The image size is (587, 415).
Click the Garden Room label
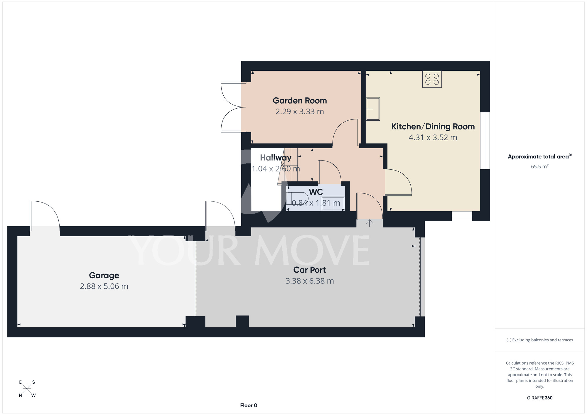tap(300, 101)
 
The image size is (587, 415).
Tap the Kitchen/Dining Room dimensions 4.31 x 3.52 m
tap(433, 137)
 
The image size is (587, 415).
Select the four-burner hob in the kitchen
tap(432, 79)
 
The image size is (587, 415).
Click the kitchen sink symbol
tap(373, 109)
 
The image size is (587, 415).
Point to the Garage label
tap(104, 275)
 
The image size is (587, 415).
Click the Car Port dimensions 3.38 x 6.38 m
tap(310, 281)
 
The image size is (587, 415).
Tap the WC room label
tap(316, 192)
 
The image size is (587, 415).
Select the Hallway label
tap(276, 158)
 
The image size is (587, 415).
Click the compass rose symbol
tap(27, 389)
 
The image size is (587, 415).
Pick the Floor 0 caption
tap(249, 405)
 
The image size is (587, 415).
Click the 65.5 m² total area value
tap(540, 166)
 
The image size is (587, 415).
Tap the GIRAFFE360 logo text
tap(540, 398)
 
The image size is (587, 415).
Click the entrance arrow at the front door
tap(370, 223)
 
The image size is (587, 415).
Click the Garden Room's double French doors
tap(234, 107)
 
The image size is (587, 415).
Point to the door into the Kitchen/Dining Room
tap(398, 182)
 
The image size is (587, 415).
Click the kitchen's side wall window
tap(485, 141)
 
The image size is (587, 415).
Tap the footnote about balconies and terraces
tap(540, 340)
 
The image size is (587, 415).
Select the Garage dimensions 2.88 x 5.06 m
tap(104, 286)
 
